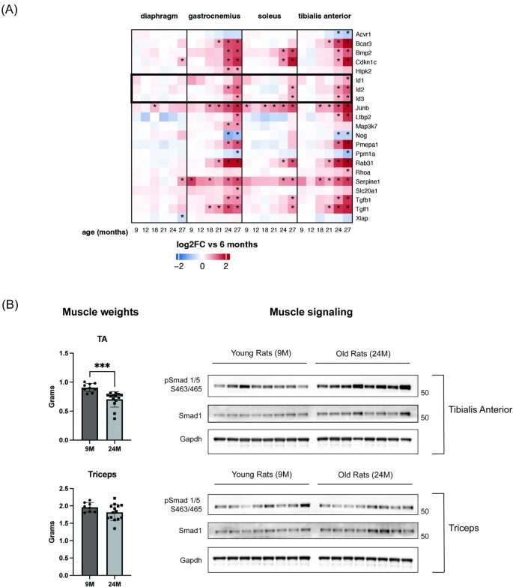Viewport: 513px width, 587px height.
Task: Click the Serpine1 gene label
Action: pos(377,181)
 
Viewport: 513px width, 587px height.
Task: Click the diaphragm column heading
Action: pos(159,15)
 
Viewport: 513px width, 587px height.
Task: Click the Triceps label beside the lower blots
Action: pos(464,538)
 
